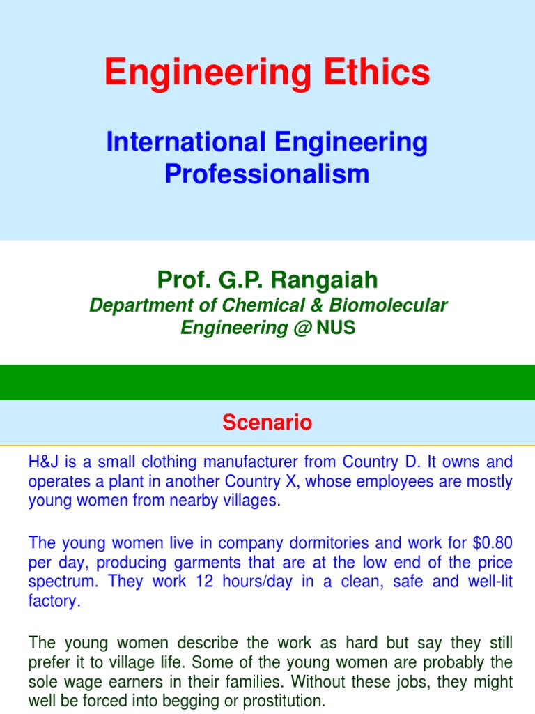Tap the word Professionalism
[x=267, y=174]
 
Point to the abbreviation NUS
[x=336, y=328]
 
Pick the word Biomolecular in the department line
[x=400, y=305]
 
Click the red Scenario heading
[x=267, y=422]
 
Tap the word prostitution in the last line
[x=283, y=700]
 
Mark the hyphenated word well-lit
[x=488, y=582]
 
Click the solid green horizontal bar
[x=267, y=382]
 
